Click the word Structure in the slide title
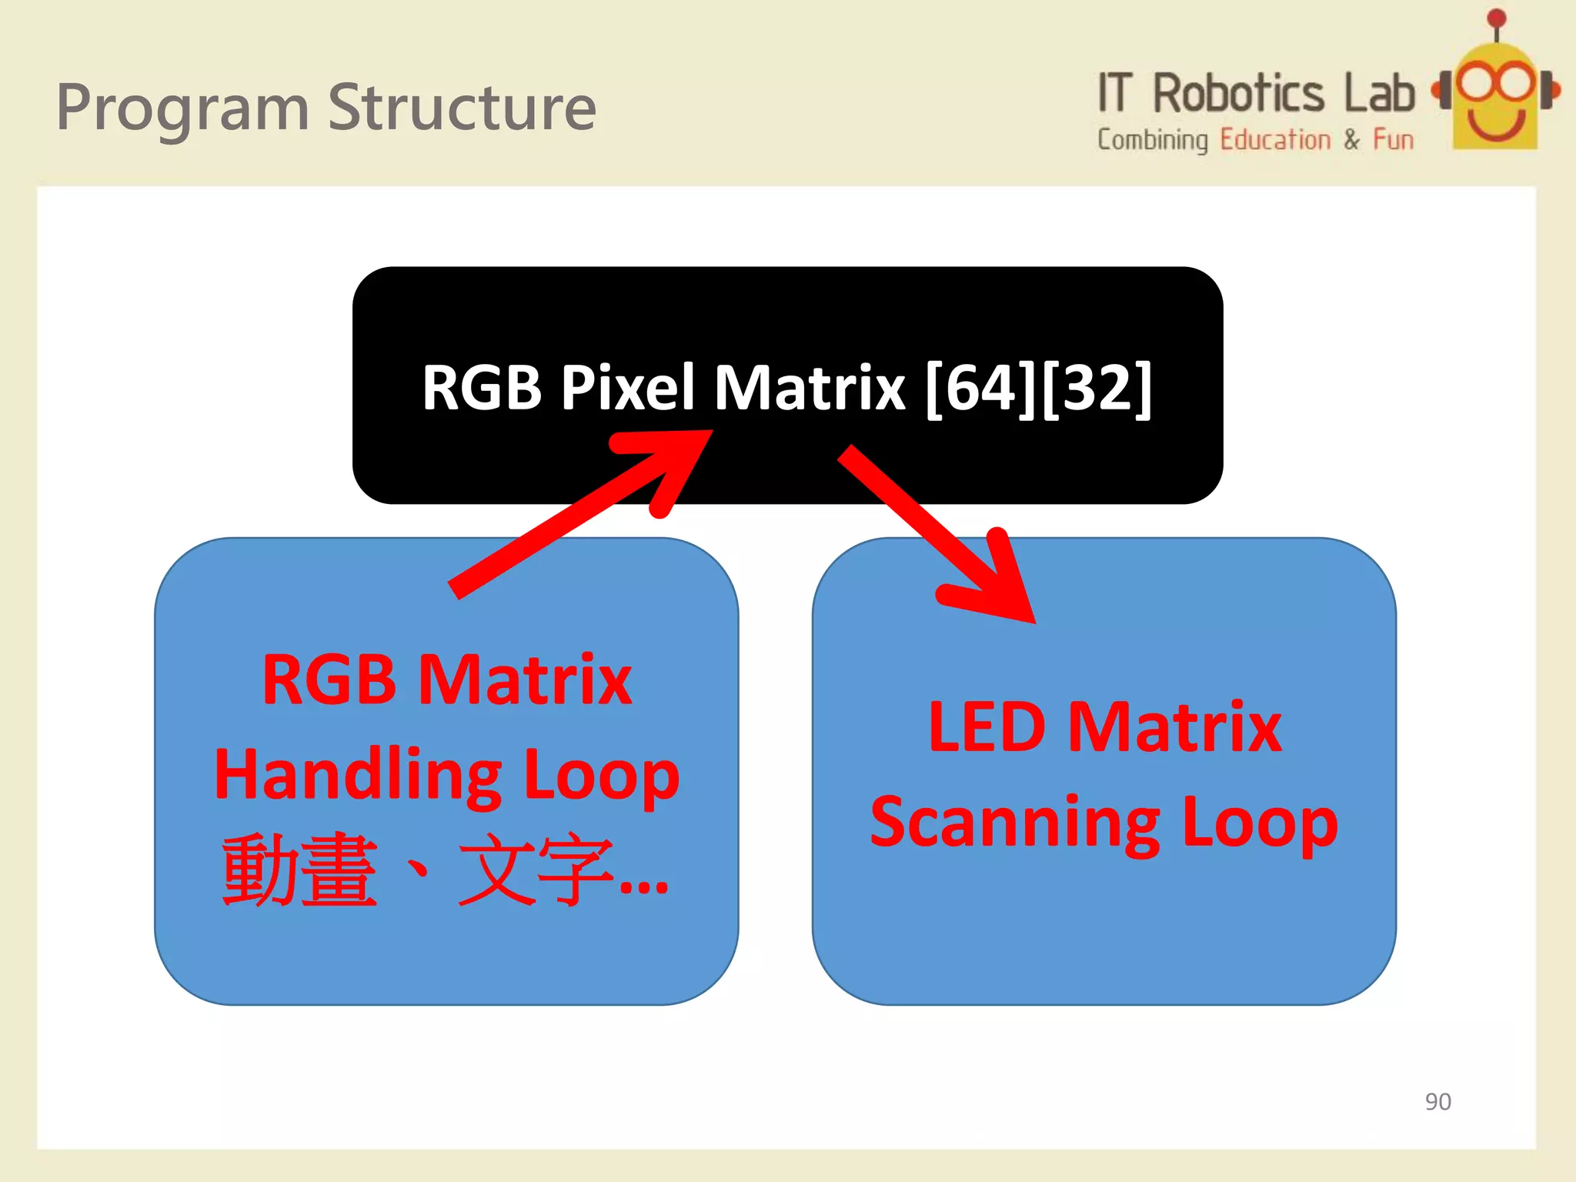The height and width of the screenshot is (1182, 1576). pyautogui.click(x=462, y=108)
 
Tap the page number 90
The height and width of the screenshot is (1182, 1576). pyautogui.click(x=1437, y=1101)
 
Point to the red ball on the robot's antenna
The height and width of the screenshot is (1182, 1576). pyautogui.click(x=1497, y=18)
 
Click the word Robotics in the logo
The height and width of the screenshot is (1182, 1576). pyautogui.click(x=1238, y=94)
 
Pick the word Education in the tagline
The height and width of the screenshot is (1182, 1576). pyautogui.click(x=1275, y=140)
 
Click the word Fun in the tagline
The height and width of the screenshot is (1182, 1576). pyautogui.click(x=1394, y=140)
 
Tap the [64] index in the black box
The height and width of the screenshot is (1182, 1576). pyautogui.click(x=982, y=388)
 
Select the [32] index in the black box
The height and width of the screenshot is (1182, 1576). pyautogui.click(x=1097, y=388)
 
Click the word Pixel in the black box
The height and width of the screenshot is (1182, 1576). pyautogui.click(x=627, y=388)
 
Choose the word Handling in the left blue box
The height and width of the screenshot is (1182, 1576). pyautogui.click(x=358, y=775)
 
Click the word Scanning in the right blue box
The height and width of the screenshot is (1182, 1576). pyautogui.click(x=1015, y=823)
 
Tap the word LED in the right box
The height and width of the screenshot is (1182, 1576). pyautogui.click(x=987, y=726)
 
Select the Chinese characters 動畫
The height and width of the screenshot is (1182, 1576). pyautogui.click(x=300, y=870)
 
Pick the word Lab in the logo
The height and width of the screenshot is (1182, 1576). pyautogui.click(x=1379, y=94)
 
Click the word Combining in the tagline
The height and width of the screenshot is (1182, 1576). pyautogui.click(x=1152, y=140)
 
